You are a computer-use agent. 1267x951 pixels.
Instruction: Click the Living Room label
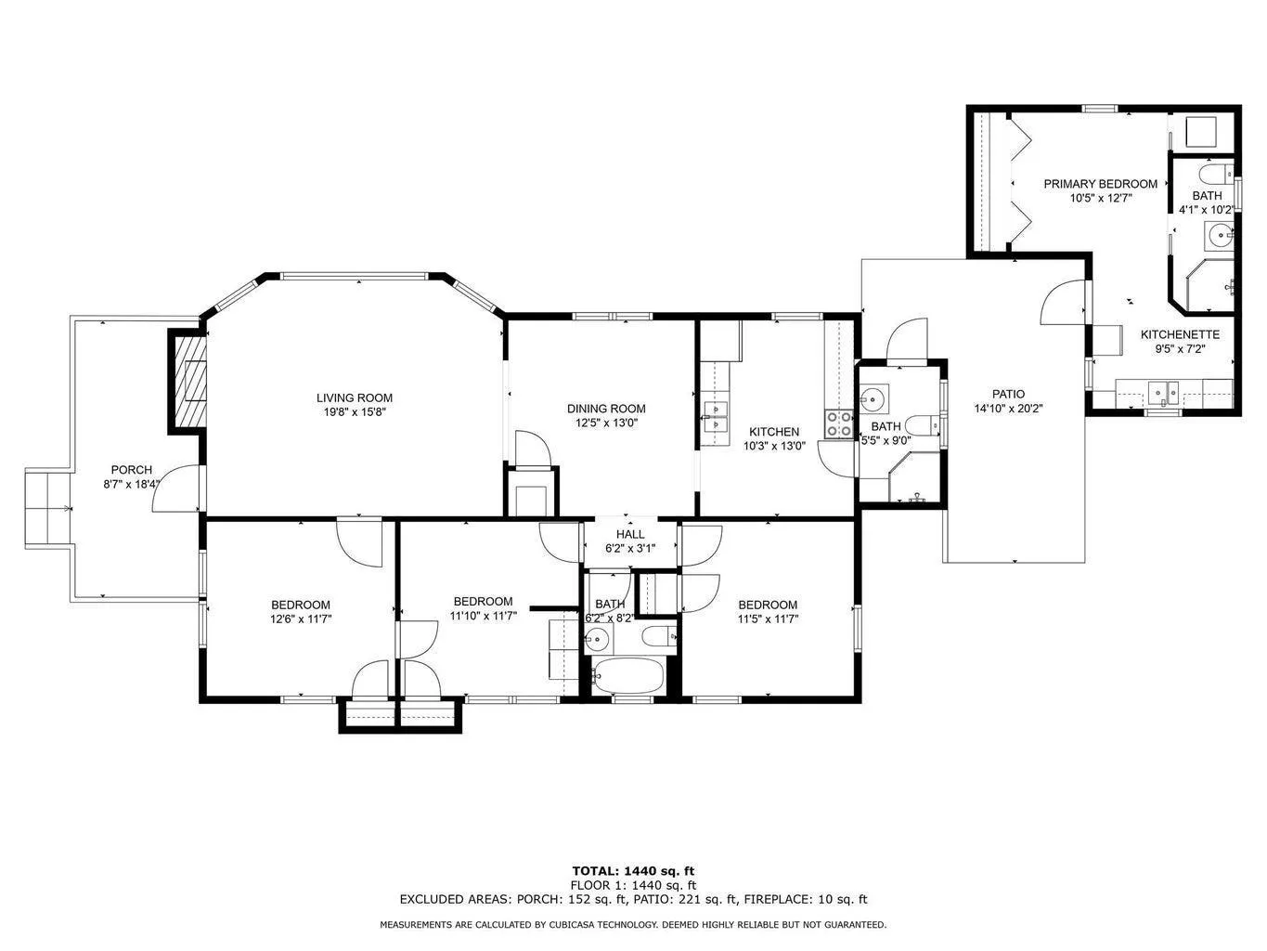pyautogui.click(x=354, y=397)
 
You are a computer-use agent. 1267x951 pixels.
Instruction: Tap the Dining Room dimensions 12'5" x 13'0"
pyautogui.click(x=606, y=423)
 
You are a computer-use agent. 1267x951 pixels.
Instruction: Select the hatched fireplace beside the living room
pyautogui.click(x=187, y=381)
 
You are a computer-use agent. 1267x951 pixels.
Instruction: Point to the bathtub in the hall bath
pyautogui.click(x=628, y=676)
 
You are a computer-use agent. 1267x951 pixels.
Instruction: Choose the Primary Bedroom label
pyautogui.click(x=1100, y=184)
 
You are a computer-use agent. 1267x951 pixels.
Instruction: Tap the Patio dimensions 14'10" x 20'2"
pyautogui.click(x=1008, y=409)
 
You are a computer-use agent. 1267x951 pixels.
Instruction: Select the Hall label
pyautogui.click(x=629, y=534)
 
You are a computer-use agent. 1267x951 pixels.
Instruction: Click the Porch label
pyautogui.click(x=132, y=470)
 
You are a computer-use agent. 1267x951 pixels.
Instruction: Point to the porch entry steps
pyautogui.click(x=48, y=508)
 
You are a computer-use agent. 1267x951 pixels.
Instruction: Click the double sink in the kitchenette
pyautogui.click(x=1164, y=392)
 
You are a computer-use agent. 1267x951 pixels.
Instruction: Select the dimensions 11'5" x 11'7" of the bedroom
pyautogui.click(x=767, y=619)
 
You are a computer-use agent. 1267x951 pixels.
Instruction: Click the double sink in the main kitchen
pyautogui.click(x=715, y=416)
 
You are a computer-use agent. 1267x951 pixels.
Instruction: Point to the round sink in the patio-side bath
pyautogui.click(x=873, y=398)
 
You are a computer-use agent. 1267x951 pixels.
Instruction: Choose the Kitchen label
pyautogui.click(x=774, y=431)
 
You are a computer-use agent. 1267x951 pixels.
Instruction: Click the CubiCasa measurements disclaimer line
pyautogui.click(x=633, y=925)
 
